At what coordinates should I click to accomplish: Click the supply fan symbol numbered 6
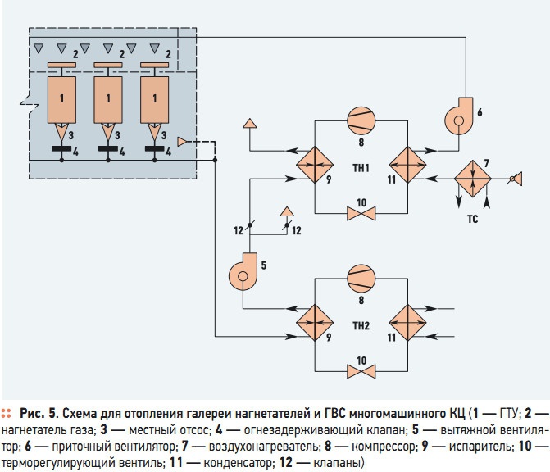458,116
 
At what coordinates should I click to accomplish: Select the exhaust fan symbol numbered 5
243,272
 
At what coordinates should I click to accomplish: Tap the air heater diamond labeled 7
473,179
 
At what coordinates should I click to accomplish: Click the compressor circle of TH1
361,120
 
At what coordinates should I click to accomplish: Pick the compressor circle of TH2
361,279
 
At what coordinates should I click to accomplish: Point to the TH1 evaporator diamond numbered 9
315,165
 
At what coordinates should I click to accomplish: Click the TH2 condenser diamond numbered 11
407,323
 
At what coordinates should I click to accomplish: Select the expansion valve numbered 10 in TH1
361,214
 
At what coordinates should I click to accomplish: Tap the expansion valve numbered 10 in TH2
361,371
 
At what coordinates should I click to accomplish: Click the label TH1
361,168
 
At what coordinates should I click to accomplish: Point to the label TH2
361,326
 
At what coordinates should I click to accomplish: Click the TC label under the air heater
472,219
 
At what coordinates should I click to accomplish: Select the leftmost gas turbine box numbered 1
61,100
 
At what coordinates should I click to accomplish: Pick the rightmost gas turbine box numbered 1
155,100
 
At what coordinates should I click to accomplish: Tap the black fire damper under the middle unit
108,148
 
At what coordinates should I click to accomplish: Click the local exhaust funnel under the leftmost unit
61,132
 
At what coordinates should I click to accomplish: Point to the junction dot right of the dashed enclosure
215,161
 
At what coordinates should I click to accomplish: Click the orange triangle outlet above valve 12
287,211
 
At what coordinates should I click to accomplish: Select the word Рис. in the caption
32,414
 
